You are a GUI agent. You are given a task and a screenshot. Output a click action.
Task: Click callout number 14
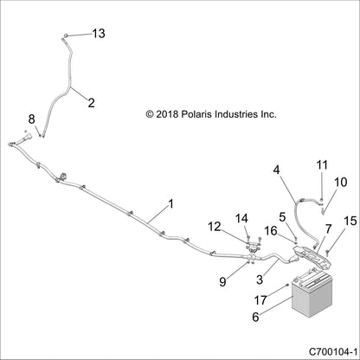pyautogui.click(x=241, y=217)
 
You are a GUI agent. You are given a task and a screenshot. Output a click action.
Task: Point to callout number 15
pyautogui.click(x=349, y=222)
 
